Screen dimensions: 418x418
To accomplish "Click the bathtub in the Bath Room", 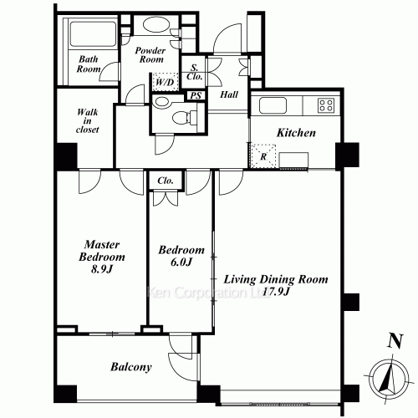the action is (93, 34).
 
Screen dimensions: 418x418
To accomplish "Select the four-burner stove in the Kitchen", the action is (326, 105).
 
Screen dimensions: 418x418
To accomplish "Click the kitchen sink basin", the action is (273, 105).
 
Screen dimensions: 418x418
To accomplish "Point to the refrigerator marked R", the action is (263, 156).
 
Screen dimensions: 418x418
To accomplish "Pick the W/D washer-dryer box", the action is (165, 82).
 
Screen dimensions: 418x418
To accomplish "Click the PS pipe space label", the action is (196, 95).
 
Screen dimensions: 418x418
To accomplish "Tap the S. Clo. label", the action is (194, 72).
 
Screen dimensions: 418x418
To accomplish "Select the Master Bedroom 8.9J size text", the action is (101, 269).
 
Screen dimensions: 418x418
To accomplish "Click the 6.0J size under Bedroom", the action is (181, 263).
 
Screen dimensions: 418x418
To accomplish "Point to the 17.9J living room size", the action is (276, 292).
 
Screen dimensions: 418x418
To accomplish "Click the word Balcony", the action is (131, 367).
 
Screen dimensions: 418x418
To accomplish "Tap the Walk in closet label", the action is (88, 121).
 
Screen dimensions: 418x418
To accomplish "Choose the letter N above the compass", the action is (395, 341).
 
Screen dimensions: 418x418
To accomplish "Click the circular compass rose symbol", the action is (389, 379).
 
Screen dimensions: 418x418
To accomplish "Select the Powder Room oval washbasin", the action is (155, 24).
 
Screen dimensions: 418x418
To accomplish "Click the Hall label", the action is (229, 94).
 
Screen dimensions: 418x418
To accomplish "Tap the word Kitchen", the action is (296, 133).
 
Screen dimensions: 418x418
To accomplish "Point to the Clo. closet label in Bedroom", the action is (166, 181).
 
